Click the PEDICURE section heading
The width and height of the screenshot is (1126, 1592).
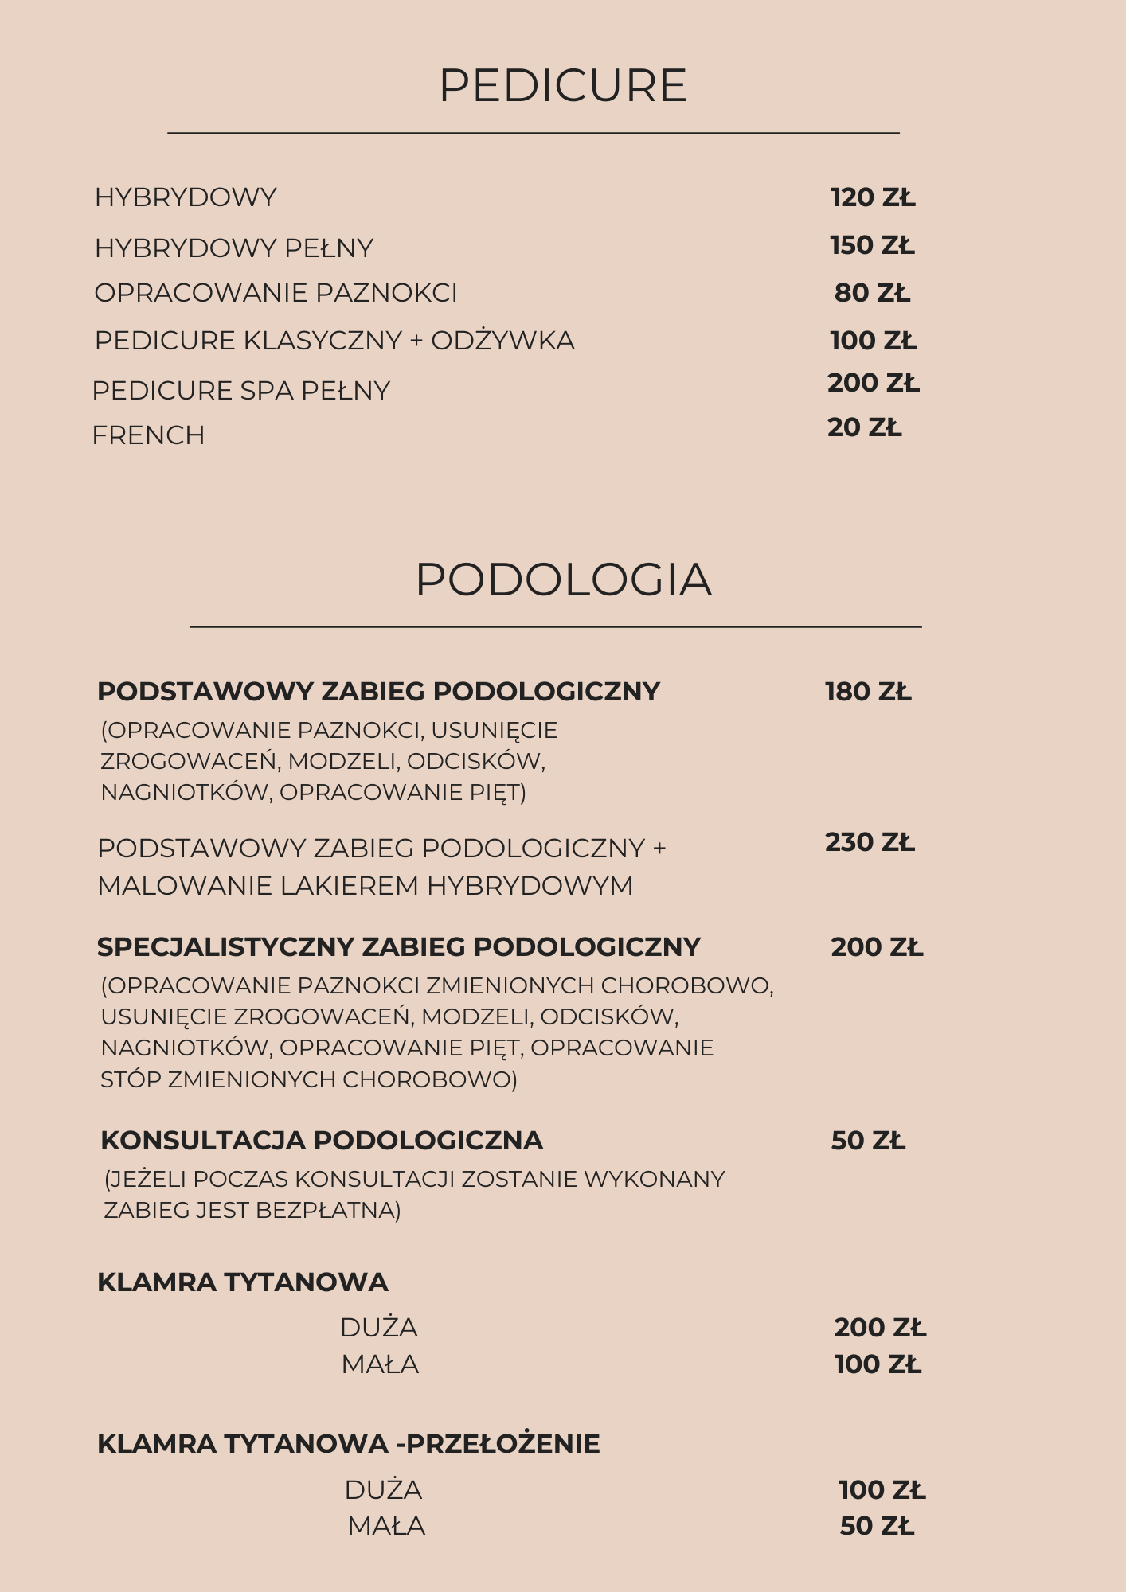coord(562,86)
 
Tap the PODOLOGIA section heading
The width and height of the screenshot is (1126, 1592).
coord(562,579)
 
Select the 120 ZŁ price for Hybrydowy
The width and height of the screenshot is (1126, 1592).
coord(873,197)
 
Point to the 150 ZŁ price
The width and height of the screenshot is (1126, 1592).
coord(872,245)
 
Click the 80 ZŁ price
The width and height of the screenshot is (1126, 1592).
coord(872,293)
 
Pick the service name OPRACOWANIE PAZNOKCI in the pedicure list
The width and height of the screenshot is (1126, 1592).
coord(276,293)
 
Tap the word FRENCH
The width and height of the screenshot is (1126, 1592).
coord(148,435)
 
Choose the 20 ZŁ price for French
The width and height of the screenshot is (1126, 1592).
coord(864,427)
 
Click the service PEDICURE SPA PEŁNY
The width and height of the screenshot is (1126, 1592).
coord(240,391)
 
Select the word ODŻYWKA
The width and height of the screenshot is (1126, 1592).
coord(502,341)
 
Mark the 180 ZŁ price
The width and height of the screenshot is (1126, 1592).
coord(868,692)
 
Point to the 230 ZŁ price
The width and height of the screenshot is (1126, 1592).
coord(870,842)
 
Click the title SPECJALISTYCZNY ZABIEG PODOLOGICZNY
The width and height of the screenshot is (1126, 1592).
coord(398,947)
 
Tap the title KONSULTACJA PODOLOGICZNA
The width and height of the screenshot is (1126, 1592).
coord(322,1141)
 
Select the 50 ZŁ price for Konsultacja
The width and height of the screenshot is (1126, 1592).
coord(868,1141)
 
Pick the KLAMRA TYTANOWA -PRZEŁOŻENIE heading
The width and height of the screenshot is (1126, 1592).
coord(348,1443)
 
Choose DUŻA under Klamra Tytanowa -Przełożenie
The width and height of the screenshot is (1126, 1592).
coord(383,1489)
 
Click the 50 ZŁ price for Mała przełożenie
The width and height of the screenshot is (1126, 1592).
coord(877,1526)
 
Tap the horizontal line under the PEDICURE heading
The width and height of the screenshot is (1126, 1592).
coord(533,133)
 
